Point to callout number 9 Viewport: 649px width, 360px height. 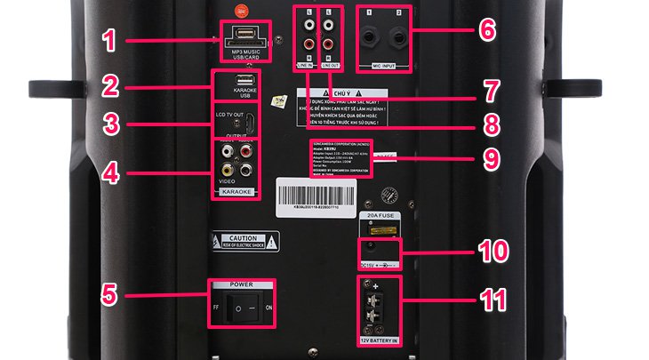(488, 159)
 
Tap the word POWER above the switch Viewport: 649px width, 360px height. (241, 284)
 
